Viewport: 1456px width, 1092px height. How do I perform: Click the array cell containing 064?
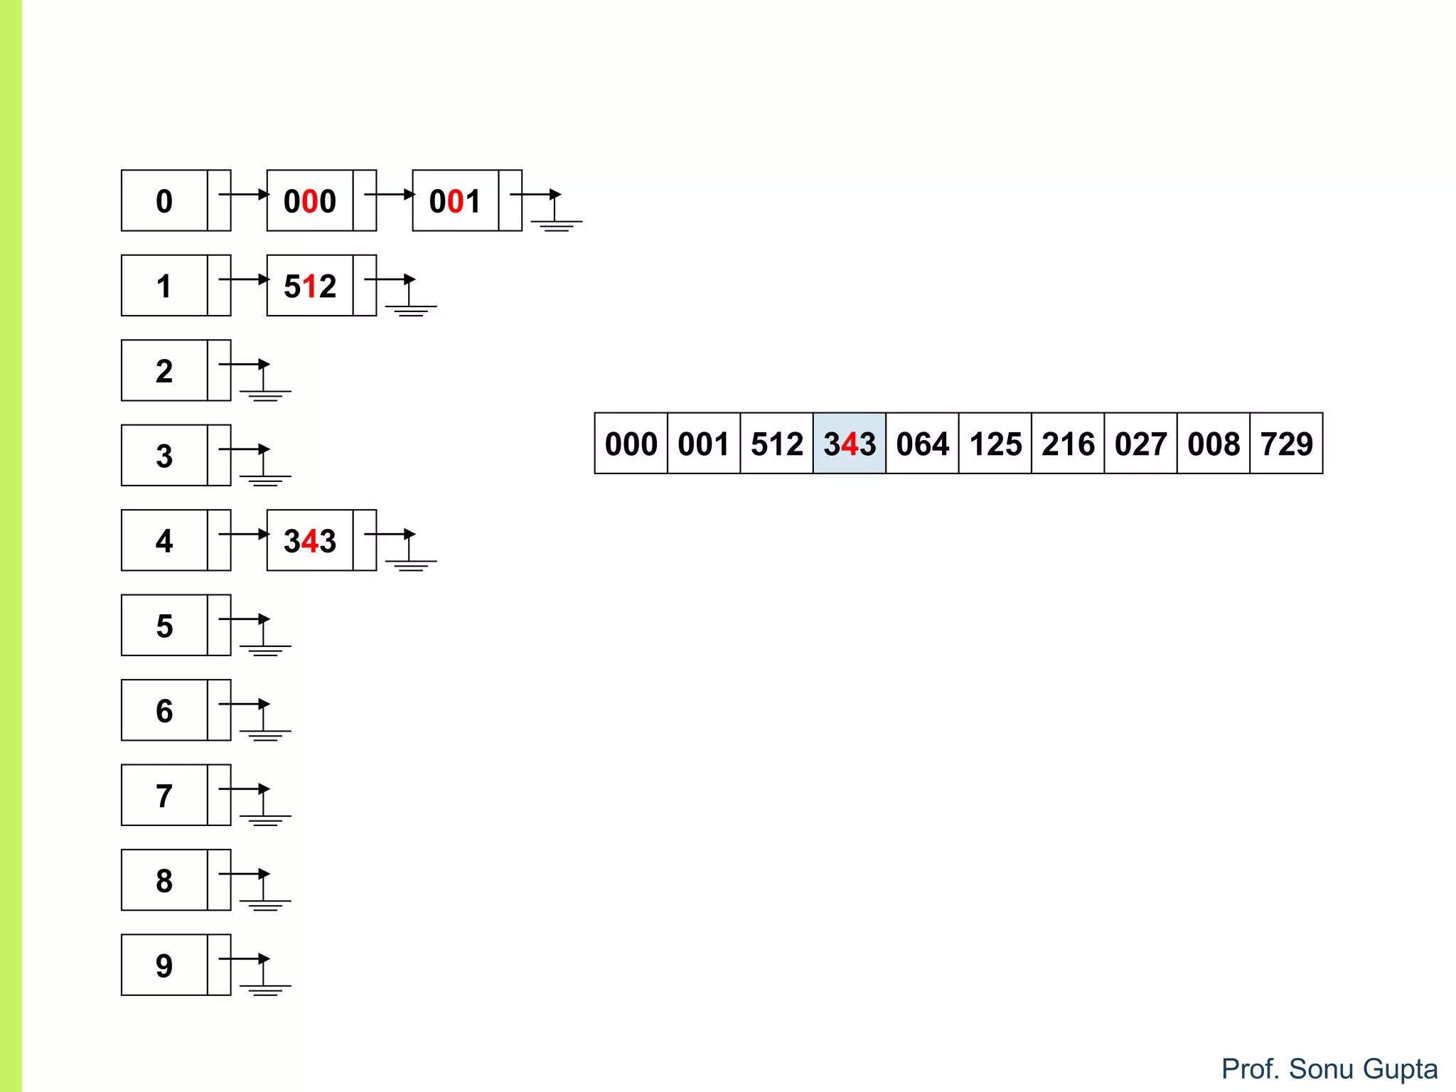[922, 444]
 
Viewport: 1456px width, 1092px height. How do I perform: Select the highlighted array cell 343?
[850, 444]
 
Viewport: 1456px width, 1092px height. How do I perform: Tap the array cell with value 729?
[1286, 444]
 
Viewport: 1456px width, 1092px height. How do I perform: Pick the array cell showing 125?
[995, 444]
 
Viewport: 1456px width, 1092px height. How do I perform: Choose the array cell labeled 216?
[1068, 444]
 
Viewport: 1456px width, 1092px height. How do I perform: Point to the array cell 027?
[1140, 444]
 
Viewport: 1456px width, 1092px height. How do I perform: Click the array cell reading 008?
[1213, 444]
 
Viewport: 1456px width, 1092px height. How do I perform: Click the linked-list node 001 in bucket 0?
[455, 200]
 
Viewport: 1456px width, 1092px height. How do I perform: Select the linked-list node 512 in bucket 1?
[310, 286]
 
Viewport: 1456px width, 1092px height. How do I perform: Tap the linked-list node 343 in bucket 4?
[310, 540]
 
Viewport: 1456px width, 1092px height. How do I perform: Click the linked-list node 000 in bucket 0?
[310, 200]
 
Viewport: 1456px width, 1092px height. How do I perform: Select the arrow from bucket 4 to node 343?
[244, 534]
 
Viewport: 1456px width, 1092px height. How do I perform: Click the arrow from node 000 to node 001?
[390, 194]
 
